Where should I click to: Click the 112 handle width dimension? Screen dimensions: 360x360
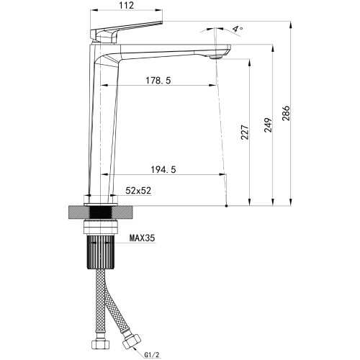pos(126,5)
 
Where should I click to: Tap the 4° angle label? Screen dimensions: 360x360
pos(238,29)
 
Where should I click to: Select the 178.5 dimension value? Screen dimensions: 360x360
pos(158,81)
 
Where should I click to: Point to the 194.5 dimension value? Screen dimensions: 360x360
pos(163,170)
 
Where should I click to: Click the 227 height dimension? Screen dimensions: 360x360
pos(245,132)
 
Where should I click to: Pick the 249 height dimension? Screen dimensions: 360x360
pos(268,125)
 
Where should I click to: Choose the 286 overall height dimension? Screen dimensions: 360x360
pos(286,113)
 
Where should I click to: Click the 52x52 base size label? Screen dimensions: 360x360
pos(138,191)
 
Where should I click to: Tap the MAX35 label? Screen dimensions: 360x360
pos(143,238)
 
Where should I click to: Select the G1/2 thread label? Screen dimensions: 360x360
pos(152,354)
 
